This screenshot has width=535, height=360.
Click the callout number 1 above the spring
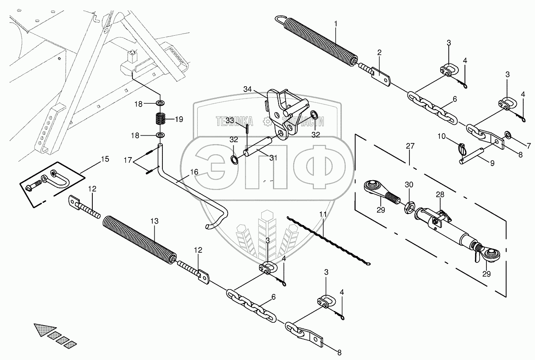click(x=336, y=24)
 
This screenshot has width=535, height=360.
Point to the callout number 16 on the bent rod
click(x=194, y=172)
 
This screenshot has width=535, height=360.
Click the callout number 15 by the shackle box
click(x=104, y=159)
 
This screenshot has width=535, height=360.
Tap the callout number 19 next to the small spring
click(x=179, y=119)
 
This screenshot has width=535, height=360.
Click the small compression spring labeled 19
click(x=162, y=119)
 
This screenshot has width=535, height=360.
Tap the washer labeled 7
click(x=507, y=134)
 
